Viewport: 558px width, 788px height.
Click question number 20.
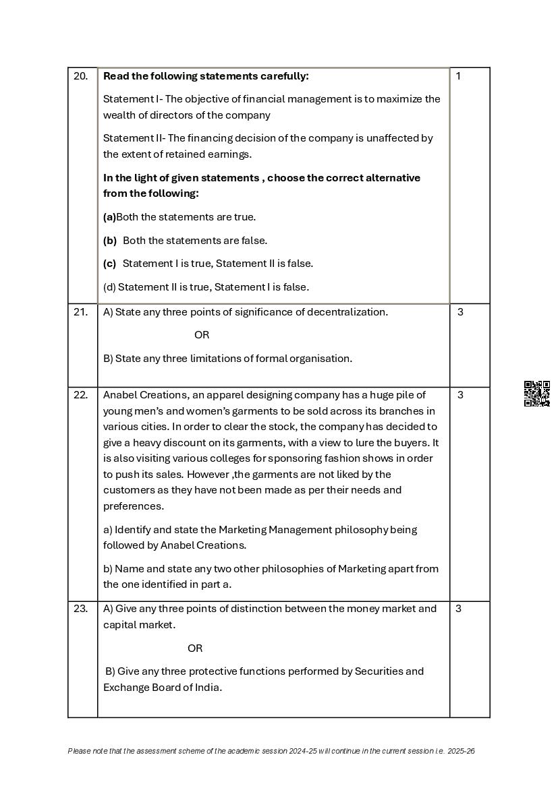[80, 76]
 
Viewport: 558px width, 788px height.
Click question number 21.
[80, 312]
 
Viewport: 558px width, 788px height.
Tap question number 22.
[80, 395]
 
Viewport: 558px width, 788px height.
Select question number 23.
[80, 609]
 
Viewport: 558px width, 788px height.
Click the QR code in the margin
[537, 394]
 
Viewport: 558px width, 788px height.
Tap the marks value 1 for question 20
[458, 76]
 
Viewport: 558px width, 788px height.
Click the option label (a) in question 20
[109, 217]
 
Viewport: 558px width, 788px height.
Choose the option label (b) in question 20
[110, 241]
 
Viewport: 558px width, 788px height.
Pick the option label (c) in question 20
[109, 264]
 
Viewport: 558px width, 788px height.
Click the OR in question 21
[202, 335]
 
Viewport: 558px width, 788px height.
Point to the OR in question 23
[195, 648]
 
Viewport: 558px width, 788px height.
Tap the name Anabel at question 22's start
[120, 395]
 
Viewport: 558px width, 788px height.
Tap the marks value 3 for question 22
[460, 395]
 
